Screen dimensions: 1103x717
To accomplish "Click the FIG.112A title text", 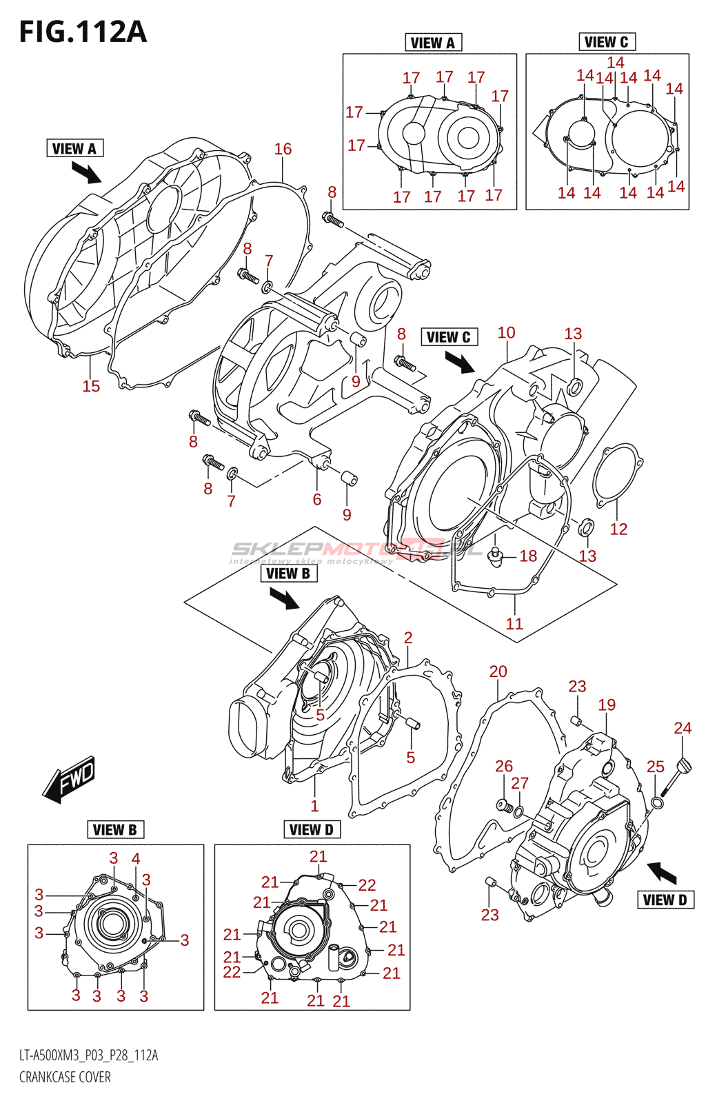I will pos(83,32).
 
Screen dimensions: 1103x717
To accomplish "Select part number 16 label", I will pos(283,149).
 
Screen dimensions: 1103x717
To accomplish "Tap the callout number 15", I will pos(91,386).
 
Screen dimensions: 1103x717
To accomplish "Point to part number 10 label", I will pos(506,333).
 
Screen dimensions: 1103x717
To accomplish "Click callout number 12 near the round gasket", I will pos(618,529).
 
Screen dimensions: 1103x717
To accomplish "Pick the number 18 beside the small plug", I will pos(528,556).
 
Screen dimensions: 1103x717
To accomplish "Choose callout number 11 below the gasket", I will pos(514,624).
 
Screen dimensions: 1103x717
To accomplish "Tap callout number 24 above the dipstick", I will pos(683,728).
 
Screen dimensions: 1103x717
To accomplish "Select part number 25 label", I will pos(656,767).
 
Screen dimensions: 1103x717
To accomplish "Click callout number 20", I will pos(498,671).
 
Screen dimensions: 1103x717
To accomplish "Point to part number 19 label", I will pos(607,705).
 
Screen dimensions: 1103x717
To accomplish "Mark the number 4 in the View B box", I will pos(136,859).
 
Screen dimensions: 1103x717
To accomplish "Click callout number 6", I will pos(317,499).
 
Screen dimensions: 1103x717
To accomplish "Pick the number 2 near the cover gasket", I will pos(408,638).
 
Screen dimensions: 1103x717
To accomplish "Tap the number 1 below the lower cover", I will pos(314,806).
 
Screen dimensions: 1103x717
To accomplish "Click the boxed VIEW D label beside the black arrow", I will pos(665,900).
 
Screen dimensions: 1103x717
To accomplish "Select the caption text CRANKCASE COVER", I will pos(65,1077).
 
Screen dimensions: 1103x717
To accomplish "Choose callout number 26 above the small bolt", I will pos(504,766).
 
